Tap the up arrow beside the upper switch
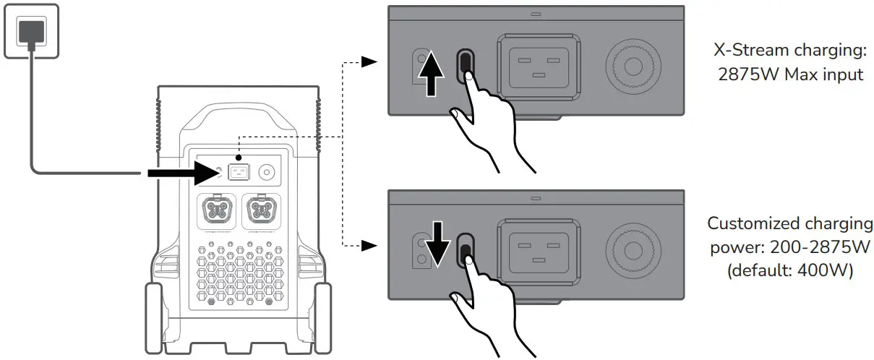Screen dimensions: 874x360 click(431, 73)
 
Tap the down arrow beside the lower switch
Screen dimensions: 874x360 click(437, 244)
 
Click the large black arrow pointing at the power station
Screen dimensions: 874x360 click(184, 173)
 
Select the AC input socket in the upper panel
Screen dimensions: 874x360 click(539, 67)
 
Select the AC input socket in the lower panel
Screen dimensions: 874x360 click(539, 252)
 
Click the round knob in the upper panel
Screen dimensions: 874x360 click(633, 67)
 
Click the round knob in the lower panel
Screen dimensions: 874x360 click(633, 251)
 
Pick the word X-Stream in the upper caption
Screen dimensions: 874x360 click(752, 50)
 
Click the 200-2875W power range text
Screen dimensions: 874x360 click(820, 247)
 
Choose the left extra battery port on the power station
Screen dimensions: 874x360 click(217, 211)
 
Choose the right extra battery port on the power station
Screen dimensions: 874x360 click(262, 211)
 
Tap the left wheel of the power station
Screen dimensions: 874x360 click(154, 318)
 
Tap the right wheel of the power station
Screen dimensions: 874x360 click(323, 318)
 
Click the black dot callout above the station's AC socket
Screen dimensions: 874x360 click(239, 158)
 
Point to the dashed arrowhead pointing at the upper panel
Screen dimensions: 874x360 click(369, 61)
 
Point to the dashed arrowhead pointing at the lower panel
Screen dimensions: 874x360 click(369, 246)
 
